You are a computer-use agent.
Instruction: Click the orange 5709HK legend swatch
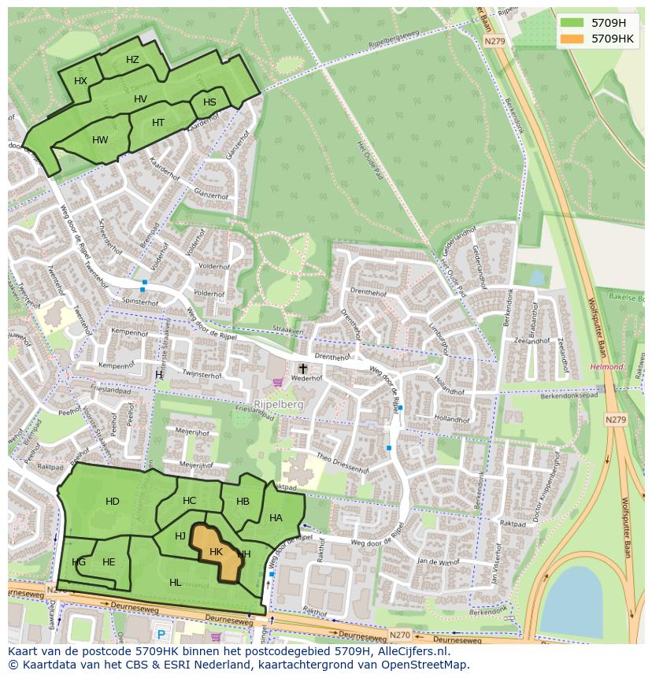tap(572, 39)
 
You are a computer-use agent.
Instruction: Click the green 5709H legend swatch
tap(572, 23)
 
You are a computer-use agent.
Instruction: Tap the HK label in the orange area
tap(216, 552)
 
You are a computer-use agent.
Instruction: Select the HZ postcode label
tap(132, 60)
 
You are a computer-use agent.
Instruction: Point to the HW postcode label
tap(100, 140)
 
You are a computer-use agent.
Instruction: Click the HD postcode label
tap(113, 502)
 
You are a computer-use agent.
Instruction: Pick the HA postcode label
tap(276, 518)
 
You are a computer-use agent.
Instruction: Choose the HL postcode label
tap(175, 583)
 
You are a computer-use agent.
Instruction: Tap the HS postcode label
tap(209, 102)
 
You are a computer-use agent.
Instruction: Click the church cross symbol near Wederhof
tap(302, 368)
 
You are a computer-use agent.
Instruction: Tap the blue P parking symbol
tap(161, 635)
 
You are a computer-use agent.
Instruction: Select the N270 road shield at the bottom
tap(400, 634)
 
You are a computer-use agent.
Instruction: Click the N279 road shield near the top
tap(494, 41)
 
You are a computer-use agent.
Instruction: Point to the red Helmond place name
tap(606, 367)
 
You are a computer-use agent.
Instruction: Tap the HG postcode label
tap(79, 562)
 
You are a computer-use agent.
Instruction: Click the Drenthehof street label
tap(369, 293)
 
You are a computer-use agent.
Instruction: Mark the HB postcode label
tap(243, 502)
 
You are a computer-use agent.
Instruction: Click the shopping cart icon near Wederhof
tap(277, 383)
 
